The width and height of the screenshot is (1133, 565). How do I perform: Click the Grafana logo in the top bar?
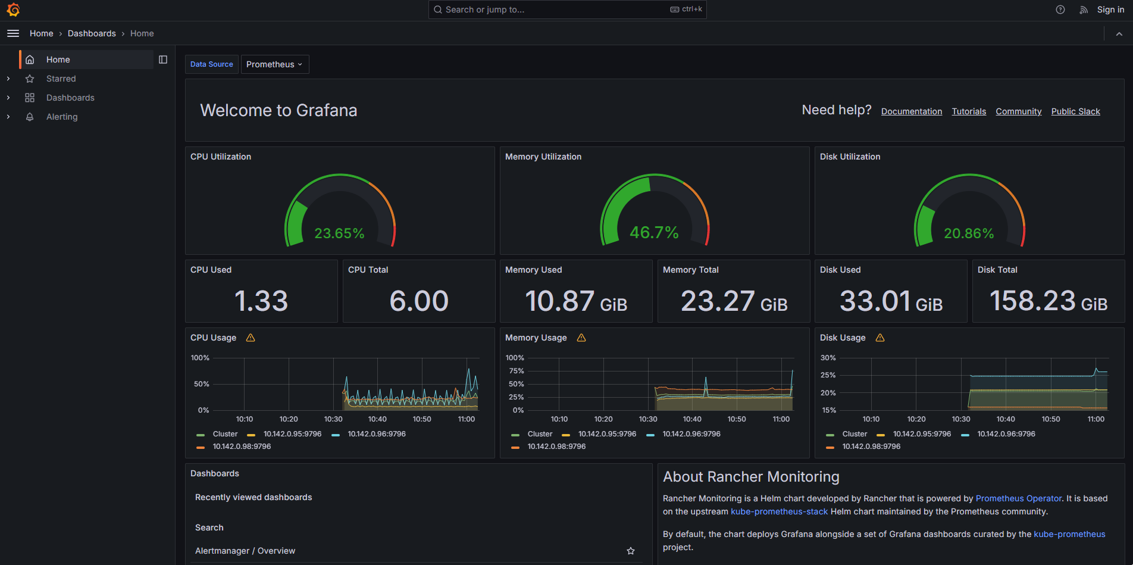(x=13, y=10)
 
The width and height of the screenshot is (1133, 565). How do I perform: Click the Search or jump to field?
(x=553, y=10)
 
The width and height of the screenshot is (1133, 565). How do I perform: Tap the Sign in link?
(x=1110, y=10)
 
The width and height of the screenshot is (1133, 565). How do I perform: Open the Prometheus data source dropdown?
(x=274, y=64)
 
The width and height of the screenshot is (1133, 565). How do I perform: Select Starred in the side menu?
(x=61, y=79)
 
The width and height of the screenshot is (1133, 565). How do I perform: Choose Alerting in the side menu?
(x=62, y=117)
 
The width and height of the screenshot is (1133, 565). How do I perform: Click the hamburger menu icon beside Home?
(x=13, y=33)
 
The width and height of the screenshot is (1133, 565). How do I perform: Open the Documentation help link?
(x=911, y=111)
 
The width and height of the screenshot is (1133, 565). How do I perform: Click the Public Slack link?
(x=1075, y=111)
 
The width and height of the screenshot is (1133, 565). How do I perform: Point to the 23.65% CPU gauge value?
(x=339, y=233)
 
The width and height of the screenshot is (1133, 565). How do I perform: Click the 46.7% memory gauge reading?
(x=654, y=232)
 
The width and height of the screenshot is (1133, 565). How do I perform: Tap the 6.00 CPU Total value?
(x=419, y=301)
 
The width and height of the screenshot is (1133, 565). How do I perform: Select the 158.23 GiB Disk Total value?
(x=1048, y=301)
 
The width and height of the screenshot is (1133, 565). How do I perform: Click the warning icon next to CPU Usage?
(x=251, y=338)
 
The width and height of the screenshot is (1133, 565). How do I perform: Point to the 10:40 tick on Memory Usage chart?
(x=692, y=419)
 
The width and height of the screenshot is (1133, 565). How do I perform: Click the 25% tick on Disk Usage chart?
(x=828, y=375)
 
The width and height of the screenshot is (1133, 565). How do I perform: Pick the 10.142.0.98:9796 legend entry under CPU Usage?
(x=242, y=447)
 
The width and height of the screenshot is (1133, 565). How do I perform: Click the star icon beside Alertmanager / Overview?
(x=631, y=551)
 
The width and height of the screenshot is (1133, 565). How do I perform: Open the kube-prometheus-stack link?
(x=779, y=511)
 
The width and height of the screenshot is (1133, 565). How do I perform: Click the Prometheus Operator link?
(x=1018, y=498)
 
